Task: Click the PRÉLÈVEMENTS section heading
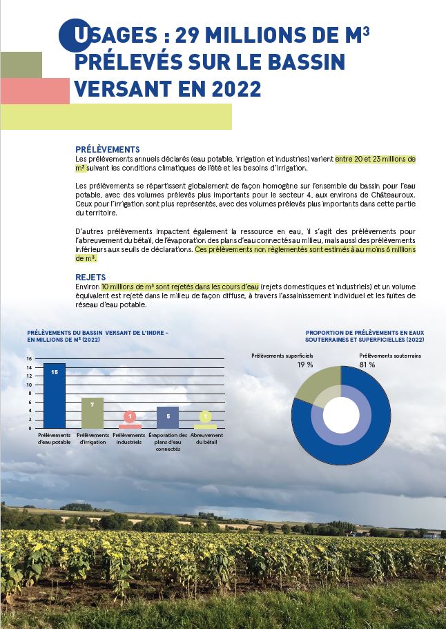click(107, 149)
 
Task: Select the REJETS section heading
click(90, 277)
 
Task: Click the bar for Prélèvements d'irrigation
click(93, 413)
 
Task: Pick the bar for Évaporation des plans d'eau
click(168, 417)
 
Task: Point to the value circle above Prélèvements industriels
click(130, 416)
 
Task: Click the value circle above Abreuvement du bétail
click(206, 416)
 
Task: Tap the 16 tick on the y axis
click(30, 359)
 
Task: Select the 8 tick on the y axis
click(30, 394)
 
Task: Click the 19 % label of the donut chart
click(305, 365)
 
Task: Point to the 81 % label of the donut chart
click(367, 365)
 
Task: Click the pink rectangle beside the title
click(35, 90)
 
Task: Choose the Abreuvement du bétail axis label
click(206, 439)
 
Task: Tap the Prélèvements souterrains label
click(390, 356)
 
